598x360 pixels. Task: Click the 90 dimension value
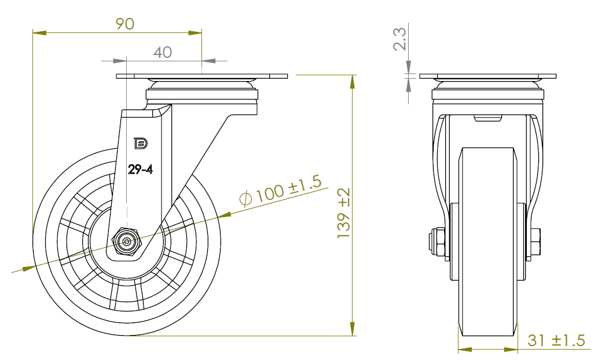(x=125, y=24)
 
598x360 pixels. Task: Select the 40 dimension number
(x=163, y=52)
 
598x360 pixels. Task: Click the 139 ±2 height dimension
(x=344, y=213)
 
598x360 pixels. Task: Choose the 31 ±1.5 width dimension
(x=556, y=341)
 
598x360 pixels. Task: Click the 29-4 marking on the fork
(x=140, y=170)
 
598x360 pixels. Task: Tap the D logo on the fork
(x=139, y=142)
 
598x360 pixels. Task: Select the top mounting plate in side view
(x=202, y=76)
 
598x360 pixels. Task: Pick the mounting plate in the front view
(x=487, y=76)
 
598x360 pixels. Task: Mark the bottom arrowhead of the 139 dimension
(x=352, y=329)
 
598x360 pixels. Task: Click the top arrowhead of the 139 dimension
(x=352, y=82)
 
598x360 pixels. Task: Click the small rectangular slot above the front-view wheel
(x=487, y=119)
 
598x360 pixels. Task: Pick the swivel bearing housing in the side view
(x=201, y=93)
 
